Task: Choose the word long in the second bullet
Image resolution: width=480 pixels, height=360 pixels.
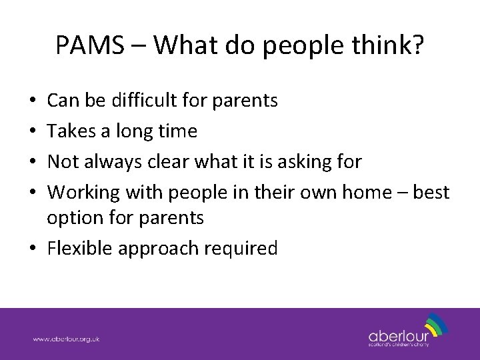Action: (135, 131)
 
